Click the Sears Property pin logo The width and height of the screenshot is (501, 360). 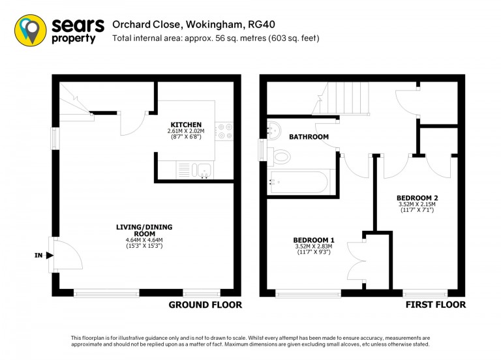(x=31, y=31)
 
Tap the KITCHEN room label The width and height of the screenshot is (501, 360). (x=186, y=125)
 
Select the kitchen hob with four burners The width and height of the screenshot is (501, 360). (x=224, y=131)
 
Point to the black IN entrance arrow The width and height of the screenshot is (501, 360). (x=50, y=255)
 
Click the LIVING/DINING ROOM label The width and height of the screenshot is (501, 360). (x=144, y=230)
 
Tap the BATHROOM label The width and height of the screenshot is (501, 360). (x=309, y=137)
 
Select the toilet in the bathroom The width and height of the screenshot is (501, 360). (x=279, y=157)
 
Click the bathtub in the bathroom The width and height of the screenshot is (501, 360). (x=299, y=183)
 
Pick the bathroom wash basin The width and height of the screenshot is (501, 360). (x=274, y=130)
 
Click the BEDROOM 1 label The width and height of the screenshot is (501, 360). (x=314, y=240)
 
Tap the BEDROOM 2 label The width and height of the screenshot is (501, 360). (x=417, y=198)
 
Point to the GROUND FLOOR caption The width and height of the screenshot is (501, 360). (x=205, y=305)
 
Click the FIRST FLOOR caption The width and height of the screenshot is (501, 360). (x=436, y=305)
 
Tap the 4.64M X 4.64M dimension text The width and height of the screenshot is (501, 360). (x=144, y=240)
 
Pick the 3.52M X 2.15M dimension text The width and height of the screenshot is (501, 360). (x=417, y=204)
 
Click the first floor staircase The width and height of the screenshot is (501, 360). (x=341, y=98)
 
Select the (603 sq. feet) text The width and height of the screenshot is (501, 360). (x=294, y=38)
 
